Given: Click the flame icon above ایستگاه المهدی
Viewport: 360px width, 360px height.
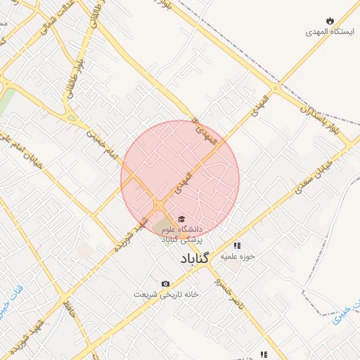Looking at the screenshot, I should click(330, 20).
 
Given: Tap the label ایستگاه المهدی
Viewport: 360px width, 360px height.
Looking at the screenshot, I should click(330, 32).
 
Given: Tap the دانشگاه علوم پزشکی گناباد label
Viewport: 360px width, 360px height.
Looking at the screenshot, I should click(181, 234).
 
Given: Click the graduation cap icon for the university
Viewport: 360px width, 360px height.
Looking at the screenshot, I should click(181, 219).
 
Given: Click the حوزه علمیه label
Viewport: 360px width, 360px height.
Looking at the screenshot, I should click(237, 257).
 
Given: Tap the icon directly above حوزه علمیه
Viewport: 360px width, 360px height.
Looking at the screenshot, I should click(237, 245).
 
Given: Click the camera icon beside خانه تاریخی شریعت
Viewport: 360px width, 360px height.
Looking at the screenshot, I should click(165, 283).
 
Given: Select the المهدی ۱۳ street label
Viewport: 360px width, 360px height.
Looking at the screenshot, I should click(207, 131).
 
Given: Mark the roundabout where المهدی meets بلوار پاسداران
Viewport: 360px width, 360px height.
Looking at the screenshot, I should click(276, 89).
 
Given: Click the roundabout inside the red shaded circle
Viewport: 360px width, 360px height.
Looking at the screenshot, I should click(160, 205).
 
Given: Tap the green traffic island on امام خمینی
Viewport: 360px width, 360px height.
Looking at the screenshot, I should click(72, 118).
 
